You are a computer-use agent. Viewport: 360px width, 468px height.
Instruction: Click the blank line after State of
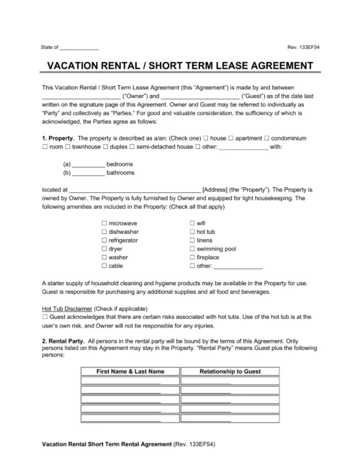(x=79, y=48)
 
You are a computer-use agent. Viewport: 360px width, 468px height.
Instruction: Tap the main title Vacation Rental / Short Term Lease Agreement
(x=180, y=66)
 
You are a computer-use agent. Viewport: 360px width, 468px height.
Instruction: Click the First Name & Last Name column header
(x=130, y=370)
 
